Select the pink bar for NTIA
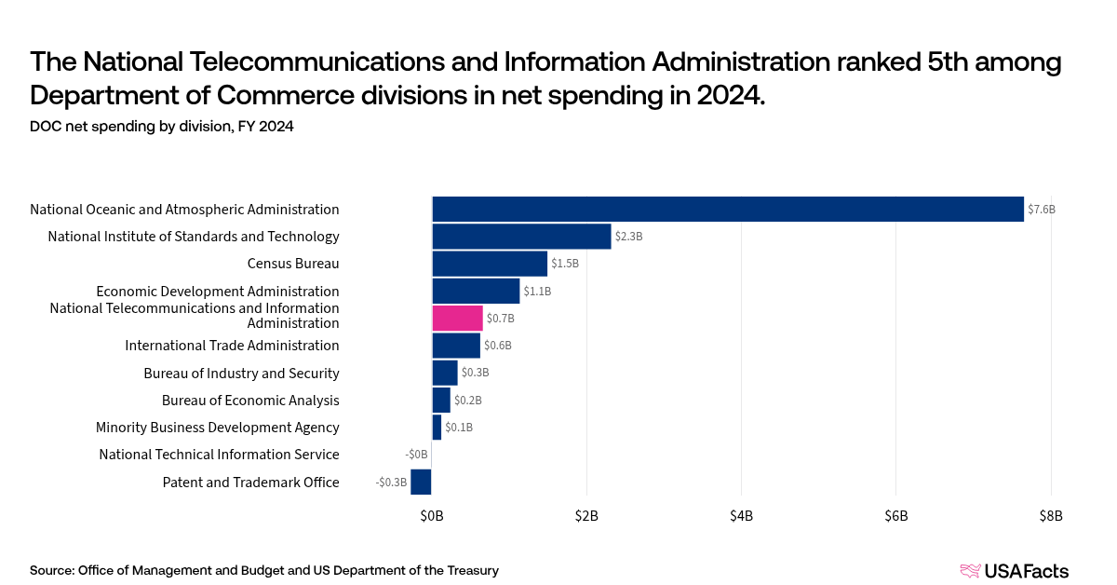457,318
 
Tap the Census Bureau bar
490,264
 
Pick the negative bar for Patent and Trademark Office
421,482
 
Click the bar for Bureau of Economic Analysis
441,400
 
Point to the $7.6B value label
1042,210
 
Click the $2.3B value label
629,237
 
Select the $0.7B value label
501,319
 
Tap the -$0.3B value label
391,483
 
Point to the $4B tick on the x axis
741,515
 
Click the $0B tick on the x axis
432,515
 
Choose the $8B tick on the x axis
1050,515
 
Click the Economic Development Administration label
218,292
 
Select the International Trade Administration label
232,346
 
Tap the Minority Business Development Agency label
217,428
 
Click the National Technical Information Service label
219,455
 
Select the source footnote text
264,570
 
